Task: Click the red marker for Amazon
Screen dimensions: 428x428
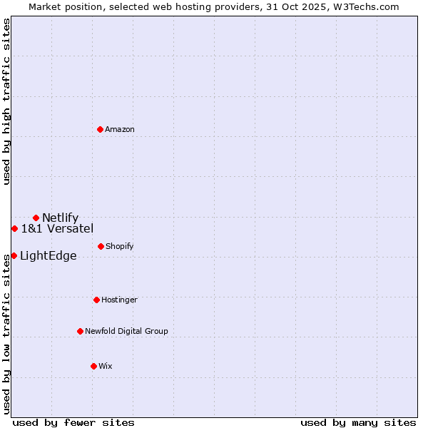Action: click(101, 129)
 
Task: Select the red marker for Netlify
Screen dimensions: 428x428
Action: click(36, 218)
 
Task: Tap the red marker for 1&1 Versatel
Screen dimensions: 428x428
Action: click(14, 228)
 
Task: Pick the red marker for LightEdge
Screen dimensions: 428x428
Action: click(14, 255)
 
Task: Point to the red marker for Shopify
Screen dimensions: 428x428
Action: click(101, 246)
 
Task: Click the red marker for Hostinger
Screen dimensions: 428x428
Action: click(96, 300)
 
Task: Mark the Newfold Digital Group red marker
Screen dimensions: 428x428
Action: click(80, 331)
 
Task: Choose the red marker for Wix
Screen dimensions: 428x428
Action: click(93, 366)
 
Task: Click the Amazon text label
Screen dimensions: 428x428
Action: click(120, 129)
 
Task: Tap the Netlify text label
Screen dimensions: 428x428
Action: click(60, 218)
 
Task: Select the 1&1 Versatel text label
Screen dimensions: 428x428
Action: click(57, 228)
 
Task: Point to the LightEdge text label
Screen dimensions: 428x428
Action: click(48, 255)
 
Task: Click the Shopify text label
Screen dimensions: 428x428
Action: click(120, 246)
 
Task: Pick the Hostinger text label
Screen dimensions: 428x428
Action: click(119, 300)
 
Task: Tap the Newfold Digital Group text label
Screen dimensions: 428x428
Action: click(126, 331)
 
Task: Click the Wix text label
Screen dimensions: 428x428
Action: click(106, 366)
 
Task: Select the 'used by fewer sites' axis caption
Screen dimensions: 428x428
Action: click(73, 422)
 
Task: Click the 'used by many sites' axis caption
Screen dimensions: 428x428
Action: click(358, 422)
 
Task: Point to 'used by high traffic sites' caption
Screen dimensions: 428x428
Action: click(6, 101)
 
